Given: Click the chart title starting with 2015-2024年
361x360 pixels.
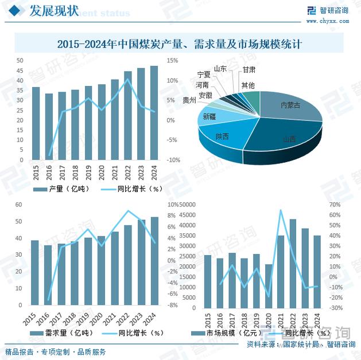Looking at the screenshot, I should pyautogui.click(x=180, y=44).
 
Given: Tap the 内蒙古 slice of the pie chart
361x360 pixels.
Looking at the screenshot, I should pyautogui.click(x=290, y=105).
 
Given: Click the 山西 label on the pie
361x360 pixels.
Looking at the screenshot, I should pyautogui.click(x=289, y=139).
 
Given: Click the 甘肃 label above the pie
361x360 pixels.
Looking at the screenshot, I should pyautogui.click(x=249, y=69).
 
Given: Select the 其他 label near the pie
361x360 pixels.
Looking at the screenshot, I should pyautogui.click(x=248, y=85).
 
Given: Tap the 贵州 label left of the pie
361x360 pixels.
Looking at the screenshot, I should pyautogui.click(x=189, y=100).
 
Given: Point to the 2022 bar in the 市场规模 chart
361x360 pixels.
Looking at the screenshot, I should pyautogui.click(x=293, y=263).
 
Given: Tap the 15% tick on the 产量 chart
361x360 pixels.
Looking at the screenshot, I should pyautogui.click(x=172, y=60).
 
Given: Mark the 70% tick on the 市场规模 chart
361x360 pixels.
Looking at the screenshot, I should pyautogui.click(x=336, y=205).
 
